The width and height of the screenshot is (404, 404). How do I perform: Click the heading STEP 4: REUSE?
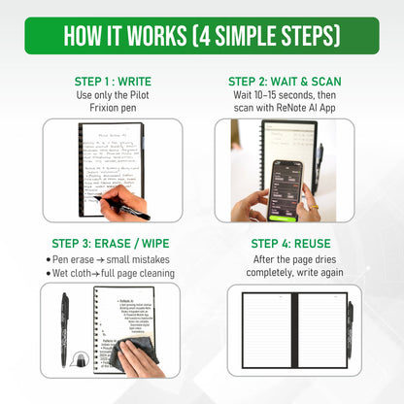(x=293, y=243)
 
